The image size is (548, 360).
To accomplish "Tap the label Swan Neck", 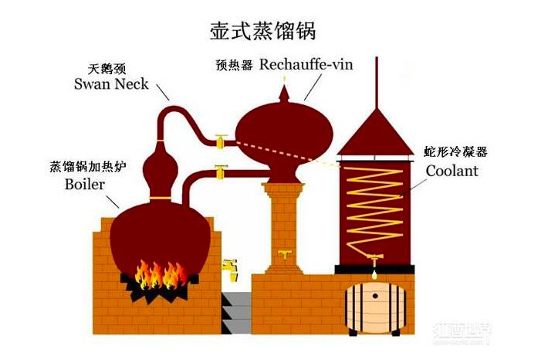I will click(111, 83).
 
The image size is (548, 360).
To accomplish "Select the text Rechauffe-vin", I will click(306, 65).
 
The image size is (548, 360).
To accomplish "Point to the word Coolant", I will click(452, 171).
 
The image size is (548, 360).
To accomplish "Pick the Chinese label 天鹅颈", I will click(110, 67).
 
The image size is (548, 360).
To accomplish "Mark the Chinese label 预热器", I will click(234, 66).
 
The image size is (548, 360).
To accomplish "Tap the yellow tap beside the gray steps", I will click(229, 267).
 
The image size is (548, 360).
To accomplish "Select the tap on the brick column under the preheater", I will click(285, 254).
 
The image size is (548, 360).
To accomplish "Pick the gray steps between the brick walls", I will click(236, 309).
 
